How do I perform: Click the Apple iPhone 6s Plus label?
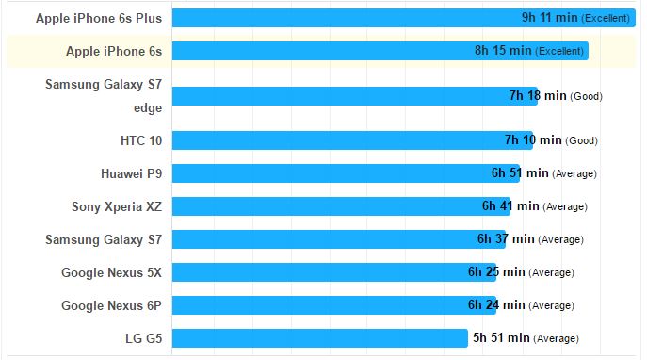[x=99, y=18]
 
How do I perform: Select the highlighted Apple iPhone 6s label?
[x=114, y=51]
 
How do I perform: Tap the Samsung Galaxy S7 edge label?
[x=104, y=96]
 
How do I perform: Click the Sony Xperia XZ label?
[x=117, y=206]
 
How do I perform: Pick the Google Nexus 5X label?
[x=111, y=272]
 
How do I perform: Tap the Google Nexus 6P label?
[x=111, y=305]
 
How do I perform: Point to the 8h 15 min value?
[x=503, y=51]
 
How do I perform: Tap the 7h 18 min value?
[x=538, y=96]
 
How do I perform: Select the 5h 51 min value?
[x=501, y=338]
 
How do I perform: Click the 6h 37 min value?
[x=506, y=239]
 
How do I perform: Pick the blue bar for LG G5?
[x=320, y=338]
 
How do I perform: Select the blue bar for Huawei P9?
[x=330, y=173]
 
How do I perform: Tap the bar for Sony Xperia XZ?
[x=325, y=206]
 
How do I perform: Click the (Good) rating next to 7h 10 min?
[x=582, y=141]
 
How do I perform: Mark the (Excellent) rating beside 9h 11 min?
[x=608, y=19]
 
